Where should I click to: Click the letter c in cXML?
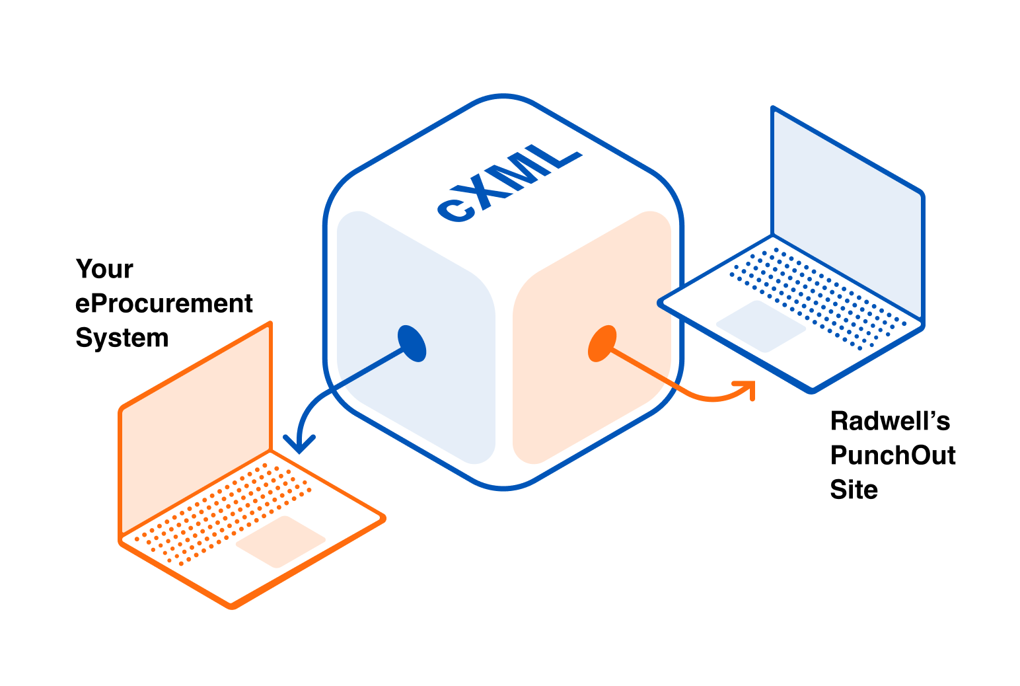[455, 210]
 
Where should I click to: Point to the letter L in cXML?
[562, 154]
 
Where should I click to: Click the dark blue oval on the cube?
[413, 343]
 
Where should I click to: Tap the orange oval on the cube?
[602, 343]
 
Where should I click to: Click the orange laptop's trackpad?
[280, 541]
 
